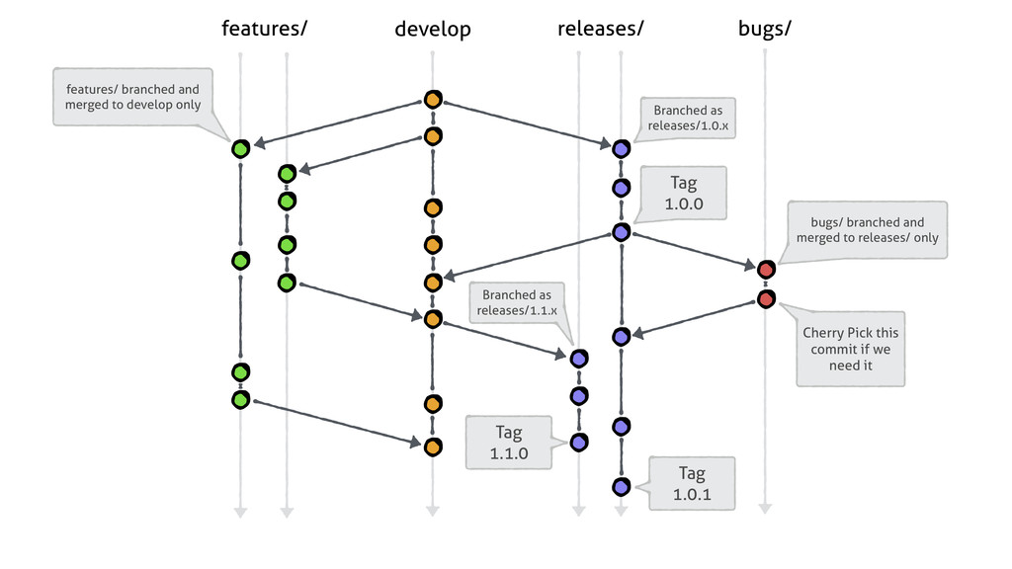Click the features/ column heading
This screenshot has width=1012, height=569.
(x=264, y=29)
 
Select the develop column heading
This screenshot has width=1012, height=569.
(x=433, y=30)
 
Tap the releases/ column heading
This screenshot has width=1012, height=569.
(x=600, y=29)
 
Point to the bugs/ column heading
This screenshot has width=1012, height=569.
(x=765, y=30)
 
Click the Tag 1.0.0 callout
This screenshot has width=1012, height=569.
(x=684, y=193)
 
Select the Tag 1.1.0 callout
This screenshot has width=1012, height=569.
(x=509, y=443)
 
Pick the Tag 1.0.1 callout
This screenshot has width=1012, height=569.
(x=692, y=484)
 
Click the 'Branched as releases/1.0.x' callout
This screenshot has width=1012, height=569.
(x=688, y=119)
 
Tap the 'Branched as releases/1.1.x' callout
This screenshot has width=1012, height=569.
(x=517, y=302)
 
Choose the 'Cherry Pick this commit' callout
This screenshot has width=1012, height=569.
(x=851, y=349)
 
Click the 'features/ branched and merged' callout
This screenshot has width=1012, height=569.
(x=133, y=97)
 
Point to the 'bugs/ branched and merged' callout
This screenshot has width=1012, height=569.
(x=867, y=230)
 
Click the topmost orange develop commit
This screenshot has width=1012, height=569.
(x=433, y=100)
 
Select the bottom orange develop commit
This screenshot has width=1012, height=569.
(x=433, y=447)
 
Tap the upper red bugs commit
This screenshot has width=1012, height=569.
(x=766, y=269)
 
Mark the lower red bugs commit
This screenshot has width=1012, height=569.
(x=766, y=299)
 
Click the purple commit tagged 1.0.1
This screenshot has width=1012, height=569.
(x=622, y=486)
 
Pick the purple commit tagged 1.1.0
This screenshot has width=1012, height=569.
(x=579, y=443)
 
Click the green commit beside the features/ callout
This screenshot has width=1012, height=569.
(x=241, y=149)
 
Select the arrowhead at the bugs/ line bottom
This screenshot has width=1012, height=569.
(x=766, y=509)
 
